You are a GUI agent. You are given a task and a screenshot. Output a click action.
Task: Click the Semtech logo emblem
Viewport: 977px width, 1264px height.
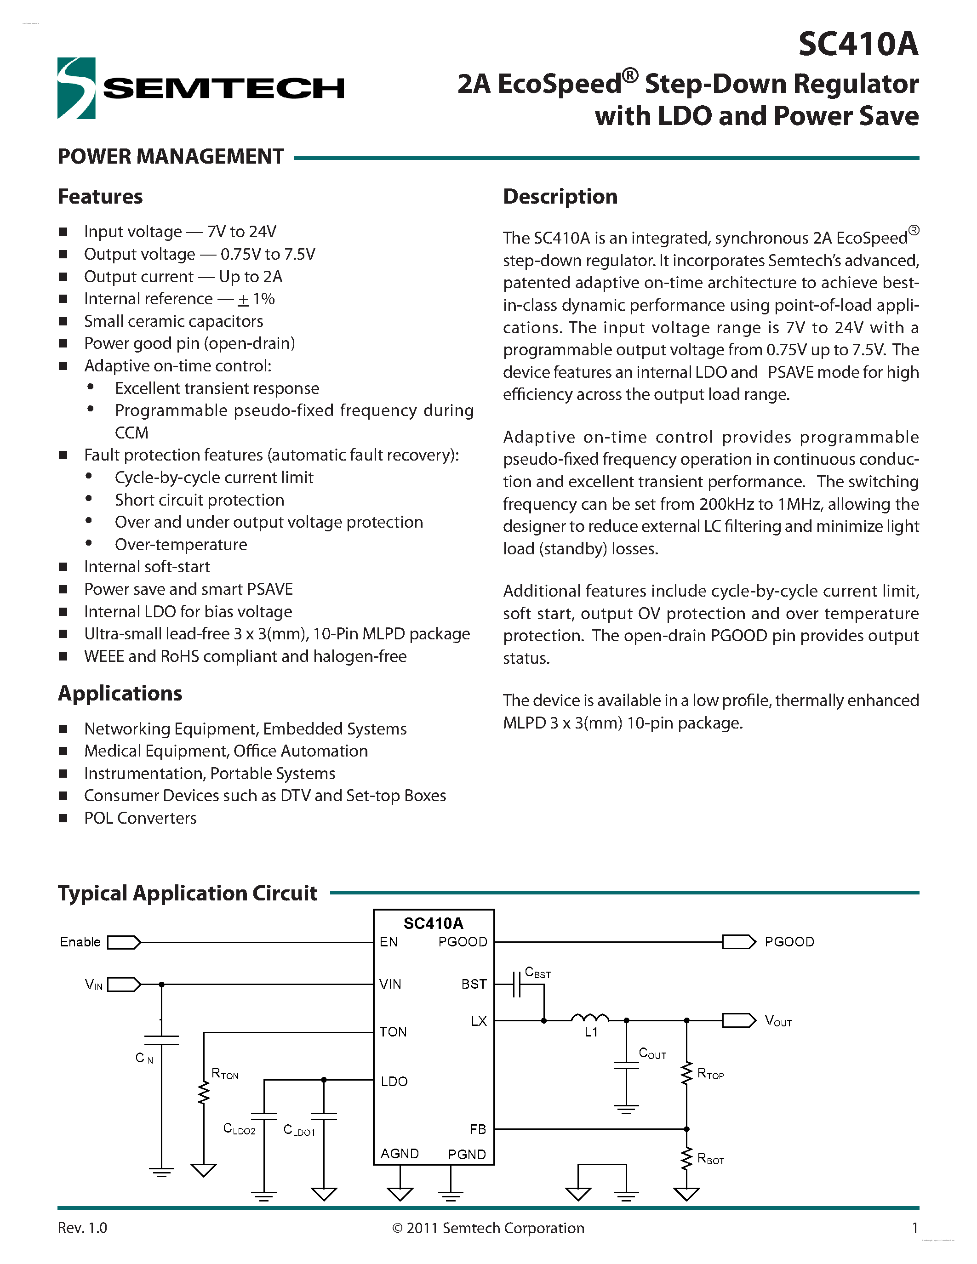pyautogui.click(x=76, y=88)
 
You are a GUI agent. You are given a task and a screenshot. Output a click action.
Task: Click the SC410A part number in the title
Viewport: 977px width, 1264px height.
pyautogui.click(x=858, y=44)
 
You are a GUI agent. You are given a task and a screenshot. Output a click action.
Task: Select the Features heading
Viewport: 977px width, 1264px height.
pyautogui.click(x=100, y=197)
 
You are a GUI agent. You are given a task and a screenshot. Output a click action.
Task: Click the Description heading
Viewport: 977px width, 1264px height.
pyautogui.click(x=560, y=197)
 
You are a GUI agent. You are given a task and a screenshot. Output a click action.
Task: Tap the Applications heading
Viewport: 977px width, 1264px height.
pyautogui.click(x=120, y=693)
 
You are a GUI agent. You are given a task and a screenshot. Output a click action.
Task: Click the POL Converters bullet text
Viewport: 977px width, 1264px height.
pyautogui.click(x=140, y=818)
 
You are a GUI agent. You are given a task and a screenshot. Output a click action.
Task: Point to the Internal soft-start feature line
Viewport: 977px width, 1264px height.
pyautogui.click(x=147, y=567)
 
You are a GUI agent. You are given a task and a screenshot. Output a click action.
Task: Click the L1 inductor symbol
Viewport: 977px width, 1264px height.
pyautogui.click(x=590, y=1018)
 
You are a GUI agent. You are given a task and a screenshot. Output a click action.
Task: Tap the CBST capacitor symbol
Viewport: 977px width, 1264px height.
pyautogui.click(x=517, y=985)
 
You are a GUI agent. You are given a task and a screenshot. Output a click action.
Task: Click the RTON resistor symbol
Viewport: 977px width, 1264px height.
pyautogui.click(x=204, y=1093)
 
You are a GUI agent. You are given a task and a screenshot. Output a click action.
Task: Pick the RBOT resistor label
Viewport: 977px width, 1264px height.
pyautogui.click(x=711, y=1159)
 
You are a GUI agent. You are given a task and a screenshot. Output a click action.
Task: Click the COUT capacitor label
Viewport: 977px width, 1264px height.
pyautogui.click(x=652, y=1053)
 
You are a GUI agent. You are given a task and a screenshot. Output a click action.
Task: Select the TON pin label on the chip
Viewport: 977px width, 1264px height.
pyautogui.click(x=393, y=1032)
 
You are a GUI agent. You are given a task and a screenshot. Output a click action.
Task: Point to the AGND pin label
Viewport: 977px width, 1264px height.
pyautogui.click(x=400, y=1154)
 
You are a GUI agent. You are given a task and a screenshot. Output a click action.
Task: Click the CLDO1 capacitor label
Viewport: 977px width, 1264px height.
pyautogui.click(x=299, y=1130)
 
